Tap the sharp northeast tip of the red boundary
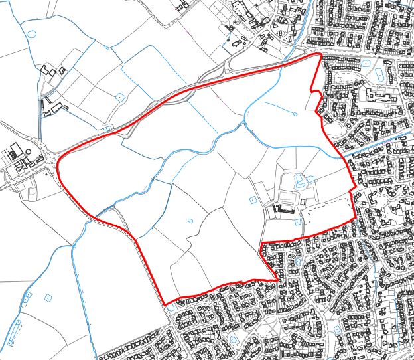[320, 54]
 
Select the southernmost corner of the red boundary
[165, 304]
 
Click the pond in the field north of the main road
[120, 97]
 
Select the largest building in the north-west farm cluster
[48, 69]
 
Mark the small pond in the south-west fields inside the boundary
[190, 221]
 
